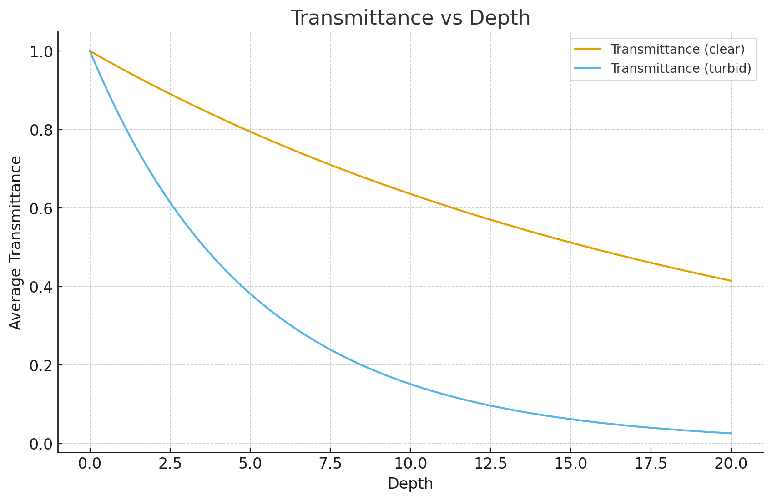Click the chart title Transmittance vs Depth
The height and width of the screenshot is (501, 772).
click(410, 18)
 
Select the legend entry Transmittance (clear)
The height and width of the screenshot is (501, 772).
click(677, 49)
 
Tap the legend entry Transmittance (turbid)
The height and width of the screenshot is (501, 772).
click(681, 68)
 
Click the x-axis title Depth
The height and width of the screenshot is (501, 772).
click(410, 484)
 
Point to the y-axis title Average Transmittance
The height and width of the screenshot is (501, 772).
click(16, 243)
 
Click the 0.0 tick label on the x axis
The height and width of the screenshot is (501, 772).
click(90, 464)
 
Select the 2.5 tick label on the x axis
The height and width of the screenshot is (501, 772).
click(170, 464)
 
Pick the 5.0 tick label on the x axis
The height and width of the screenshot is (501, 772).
click(250, 464)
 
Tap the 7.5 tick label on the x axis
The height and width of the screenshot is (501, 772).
click(330, 464)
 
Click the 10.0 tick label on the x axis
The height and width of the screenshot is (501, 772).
click(410, 464)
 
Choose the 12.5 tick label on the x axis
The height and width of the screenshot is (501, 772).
click(490, 464)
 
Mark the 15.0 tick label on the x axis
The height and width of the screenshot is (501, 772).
click(570, 464)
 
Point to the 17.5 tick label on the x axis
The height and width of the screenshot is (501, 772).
click(651, 464)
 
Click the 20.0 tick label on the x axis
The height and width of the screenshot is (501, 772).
click(731, 464)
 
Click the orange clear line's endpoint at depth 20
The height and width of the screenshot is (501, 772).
click(731, 281)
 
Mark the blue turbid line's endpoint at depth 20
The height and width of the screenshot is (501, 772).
click(731, 433)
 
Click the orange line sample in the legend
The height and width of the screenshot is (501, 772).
click(588, 49)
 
